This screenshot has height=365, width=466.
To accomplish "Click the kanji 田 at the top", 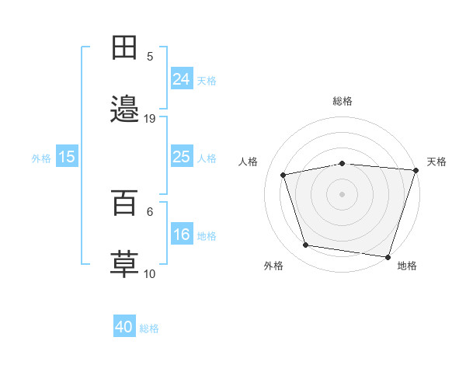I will click(x=125, y=48).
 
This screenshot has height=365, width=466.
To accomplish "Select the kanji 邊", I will click(x=125, y=109).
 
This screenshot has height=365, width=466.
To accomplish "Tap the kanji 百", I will click(x=125, y=203).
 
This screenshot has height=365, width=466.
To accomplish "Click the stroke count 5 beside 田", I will click(x=150, y=57).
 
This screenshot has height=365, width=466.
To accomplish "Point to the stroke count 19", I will click(x=150, y=119).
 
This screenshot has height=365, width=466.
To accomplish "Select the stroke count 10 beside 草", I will click(x=150, y=274).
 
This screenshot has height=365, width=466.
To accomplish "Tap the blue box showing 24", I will click(x=182, y=79).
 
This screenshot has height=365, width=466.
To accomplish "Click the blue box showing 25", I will click(x=182, y=157).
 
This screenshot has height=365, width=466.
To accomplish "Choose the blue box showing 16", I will click(x=182, y=235).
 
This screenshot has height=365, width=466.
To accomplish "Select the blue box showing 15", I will click(x=67, y=157).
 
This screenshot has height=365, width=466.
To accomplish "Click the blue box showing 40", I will click(x=124, y=328).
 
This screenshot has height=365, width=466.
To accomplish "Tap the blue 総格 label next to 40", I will click(x=149, y=328).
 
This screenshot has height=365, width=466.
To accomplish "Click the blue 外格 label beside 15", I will click(x=41, y=158).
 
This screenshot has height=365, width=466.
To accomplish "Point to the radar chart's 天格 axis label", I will click(x=436, y=162).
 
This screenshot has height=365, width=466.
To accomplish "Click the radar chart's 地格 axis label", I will click(x=407, y=266).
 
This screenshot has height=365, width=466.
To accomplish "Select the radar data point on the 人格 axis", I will click(x=283, y=175).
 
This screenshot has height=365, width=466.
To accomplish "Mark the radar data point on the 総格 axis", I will click(x=342, y=163).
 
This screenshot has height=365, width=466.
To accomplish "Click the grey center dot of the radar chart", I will click(x=342, y=193).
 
